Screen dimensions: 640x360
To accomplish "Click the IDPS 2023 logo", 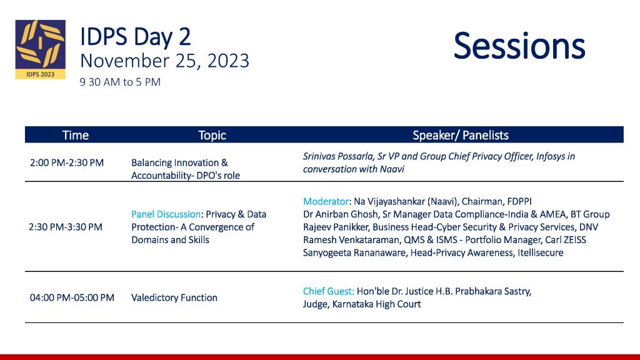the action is point(41,49).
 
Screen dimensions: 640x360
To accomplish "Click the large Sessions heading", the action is point(519,46).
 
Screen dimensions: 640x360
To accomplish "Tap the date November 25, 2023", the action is point(164,61).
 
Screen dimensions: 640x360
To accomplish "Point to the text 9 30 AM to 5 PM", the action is point(120,82).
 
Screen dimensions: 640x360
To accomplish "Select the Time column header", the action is point(76,135).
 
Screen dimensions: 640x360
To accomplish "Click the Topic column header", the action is point(212,135).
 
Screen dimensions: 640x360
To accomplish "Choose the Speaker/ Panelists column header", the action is point(461,135).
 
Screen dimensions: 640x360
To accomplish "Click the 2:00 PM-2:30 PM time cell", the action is point(67,163).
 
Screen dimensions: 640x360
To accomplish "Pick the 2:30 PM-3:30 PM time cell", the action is point(66,227).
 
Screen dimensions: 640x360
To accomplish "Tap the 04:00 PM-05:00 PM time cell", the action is point(72,297).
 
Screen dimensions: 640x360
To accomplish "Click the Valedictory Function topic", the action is point(174,297).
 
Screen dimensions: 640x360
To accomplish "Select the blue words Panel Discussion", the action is point(166,214).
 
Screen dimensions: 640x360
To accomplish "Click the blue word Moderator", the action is point(326,201).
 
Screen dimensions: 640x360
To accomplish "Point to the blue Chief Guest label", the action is point(329,291).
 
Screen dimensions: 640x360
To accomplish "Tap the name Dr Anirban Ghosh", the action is point(341,214).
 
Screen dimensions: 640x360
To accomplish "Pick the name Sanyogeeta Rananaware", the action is point(354,252).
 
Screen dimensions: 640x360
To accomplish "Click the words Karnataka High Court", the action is point(376,304).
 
